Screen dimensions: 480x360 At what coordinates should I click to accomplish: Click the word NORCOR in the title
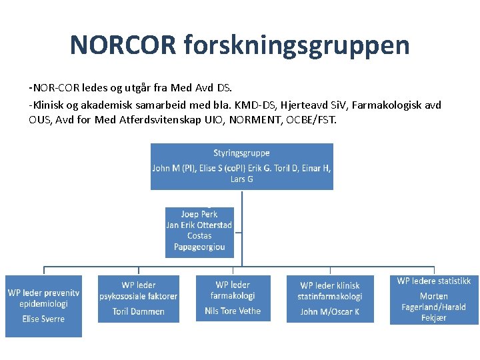pos(123,45)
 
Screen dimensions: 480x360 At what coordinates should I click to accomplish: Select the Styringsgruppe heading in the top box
pos(241,153)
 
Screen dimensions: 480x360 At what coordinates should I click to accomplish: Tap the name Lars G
pos(241,179)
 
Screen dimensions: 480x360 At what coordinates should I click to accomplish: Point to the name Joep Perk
pos(199,215)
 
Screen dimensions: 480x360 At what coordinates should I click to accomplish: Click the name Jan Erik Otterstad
pos(199,225)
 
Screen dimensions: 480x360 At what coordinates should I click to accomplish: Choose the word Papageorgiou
pos(199,247)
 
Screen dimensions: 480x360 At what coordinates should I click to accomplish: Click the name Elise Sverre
pos(43,319)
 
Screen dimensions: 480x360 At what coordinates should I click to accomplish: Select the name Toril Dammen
pos(139,311)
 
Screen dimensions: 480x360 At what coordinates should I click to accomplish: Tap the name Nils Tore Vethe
pos(233,311)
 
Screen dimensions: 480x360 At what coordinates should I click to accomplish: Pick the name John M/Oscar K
pos(330,311)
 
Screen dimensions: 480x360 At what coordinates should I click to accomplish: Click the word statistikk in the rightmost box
pos(454,281)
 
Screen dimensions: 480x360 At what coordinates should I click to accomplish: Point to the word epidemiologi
pos(44,303)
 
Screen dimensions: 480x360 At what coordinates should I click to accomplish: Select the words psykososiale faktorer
pos(139,296)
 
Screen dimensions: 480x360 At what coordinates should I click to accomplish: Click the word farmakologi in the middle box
pos(233,295)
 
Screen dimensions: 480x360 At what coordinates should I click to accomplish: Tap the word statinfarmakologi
pos(330,297)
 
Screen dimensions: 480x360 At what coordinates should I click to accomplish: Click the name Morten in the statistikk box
pos(434,296)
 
